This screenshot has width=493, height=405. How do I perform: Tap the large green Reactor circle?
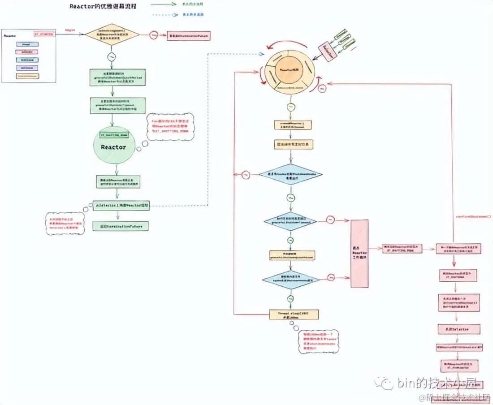(113, 146)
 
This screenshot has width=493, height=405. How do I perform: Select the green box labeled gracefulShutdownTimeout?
(118, 106)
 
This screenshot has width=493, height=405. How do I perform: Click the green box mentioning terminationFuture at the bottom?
(121, 226)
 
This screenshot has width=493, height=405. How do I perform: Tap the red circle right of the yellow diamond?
(154, 35)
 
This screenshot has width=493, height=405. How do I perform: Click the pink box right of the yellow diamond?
(188, 35)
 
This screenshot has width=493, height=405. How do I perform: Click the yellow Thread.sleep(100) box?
(294, 314)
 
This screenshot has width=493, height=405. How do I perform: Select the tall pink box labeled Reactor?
(359, 253)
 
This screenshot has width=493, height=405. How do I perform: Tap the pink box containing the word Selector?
(458, 329)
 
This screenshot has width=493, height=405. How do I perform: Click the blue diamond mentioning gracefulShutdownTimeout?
(290, 221)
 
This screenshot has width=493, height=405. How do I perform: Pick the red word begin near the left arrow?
(69, 30)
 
